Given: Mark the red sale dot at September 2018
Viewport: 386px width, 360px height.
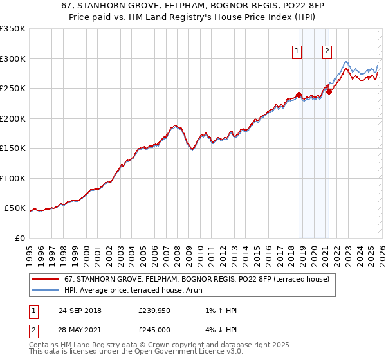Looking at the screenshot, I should click(299, 94).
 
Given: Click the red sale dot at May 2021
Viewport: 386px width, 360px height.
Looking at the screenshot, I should click(329, 91).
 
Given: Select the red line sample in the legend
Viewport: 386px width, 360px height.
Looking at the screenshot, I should click(46, 279).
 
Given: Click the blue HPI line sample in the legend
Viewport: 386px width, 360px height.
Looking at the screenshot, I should click(46, 290).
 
